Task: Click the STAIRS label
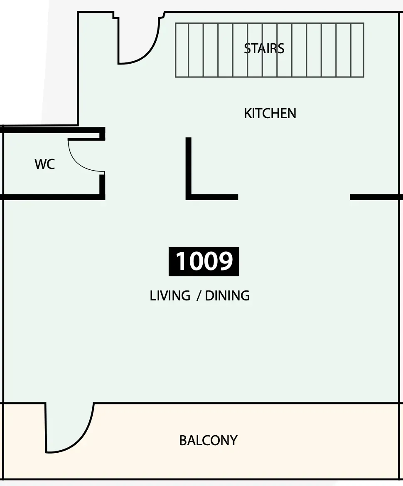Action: point(264,49)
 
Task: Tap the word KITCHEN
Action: point(270,114)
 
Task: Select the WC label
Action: point(45,164)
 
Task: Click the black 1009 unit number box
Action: point(204,262)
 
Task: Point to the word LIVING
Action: point(170,296)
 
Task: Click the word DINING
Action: point(227,296)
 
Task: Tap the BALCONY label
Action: point(208,440)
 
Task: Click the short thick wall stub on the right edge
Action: point(376,197)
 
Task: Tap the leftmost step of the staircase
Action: point(182,50)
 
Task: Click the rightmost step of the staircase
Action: point(357,50)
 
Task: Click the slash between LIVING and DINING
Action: point(199,296)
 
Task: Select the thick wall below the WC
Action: point(53,197)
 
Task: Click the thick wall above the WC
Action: point(53,130)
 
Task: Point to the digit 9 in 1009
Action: point(225,261)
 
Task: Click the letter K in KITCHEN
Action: point(247,114)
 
